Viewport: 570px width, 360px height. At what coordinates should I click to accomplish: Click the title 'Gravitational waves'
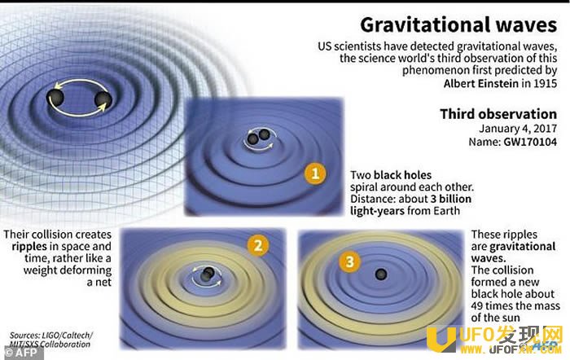(x=458, y=25)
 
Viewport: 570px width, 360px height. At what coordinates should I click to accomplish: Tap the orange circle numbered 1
(x=315, y=173)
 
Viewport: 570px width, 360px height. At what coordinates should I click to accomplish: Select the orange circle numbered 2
(x=258, y=245)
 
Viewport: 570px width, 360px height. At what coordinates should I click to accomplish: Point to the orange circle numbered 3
(x=349, y=261)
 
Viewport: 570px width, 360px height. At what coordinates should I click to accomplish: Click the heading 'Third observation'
(x=498, y=114)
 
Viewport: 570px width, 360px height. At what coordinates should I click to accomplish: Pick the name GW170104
(x=530, y=142)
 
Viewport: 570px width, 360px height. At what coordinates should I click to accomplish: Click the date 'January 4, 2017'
(x=518, y=129)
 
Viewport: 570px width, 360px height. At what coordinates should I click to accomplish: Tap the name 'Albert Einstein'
(x=481, y=83)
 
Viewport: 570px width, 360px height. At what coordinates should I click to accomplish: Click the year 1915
(x=545, y=83)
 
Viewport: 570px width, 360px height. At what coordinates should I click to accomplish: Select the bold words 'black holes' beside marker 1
(x=402, y=175)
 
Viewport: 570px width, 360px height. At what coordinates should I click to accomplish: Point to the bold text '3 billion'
(x=451, y=199)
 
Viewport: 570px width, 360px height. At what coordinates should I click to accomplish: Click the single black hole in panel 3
(x=380, y=274)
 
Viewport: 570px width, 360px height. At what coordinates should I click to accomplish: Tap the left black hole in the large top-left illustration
(x=55, y=97)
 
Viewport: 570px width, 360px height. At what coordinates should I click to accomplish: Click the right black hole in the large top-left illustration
(x=103, y=99)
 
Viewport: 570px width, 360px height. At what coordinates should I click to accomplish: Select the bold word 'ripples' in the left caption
(x=29, y=247)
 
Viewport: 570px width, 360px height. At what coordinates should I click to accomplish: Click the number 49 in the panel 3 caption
(x=477, y=305)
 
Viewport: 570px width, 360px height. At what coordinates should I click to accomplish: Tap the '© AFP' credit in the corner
(x=21, y=352)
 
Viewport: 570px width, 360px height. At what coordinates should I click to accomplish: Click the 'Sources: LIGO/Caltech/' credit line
(x=50, y=335)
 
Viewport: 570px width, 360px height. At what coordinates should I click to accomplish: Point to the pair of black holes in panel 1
(x=258, y=137)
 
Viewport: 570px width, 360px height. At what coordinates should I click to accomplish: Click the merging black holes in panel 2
(x=207, y=274)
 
